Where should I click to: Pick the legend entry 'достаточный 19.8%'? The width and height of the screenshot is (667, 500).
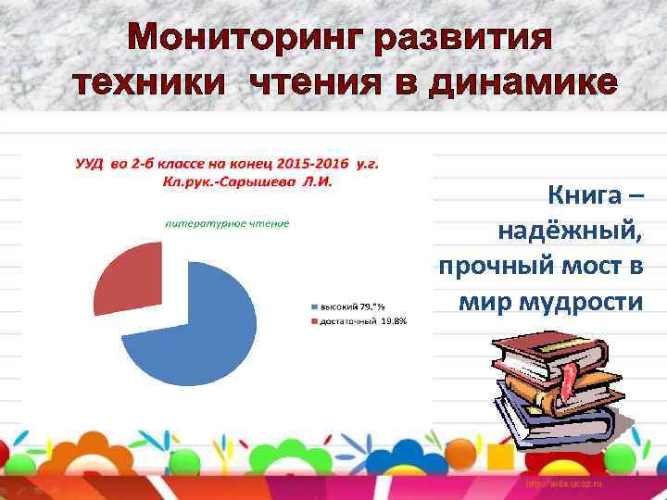(x=362, y=321)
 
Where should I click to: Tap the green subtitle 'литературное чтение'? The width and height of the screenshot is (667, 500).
(x=227, y=222)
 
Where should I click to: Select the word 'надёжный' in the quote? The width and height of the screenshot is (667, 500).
(x=569, y=231)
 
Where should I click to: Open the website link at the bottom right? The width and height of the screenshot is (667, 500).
(x=566, y=484)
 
